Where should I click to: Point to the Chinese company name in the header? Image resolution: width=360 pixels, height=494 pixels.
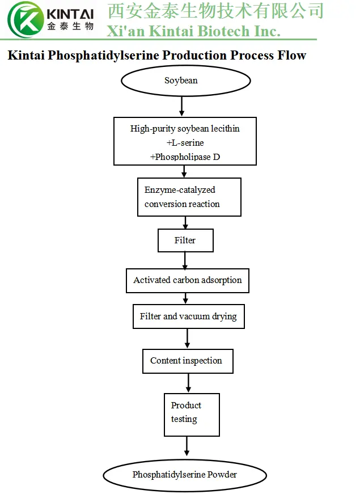point(215,11)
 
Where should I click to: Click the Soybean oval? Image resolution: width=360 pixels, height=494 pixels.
point(181,81)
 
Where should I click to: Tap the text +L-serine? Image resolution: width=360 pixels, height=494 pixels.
point(185,142)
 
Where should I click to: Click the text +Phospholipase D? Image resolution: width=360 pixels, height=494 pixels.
point(185,156)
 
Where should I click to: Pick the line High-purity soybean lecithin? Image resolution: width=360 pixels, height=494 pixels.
point(185,129)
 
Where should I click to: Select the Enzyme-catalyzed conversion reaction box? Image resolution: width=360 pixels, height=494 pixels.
point(189,197)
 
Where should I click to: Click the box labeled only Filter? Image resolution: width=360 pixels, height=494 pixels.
point(185,240)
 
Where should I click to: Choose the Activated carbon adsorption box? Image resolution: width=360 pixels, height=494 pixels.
point(187,280)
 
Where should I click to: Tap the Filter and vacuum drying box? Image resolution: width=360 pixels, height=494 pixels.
point(188,316)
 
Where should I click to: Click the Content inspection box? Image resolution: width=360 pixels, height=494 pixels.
point(187,361)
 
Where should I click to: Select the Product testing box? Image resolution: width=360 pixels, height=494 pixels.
point(192,414)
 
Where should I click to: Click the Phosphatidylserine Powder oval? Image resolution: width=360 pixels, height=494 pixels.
point(185,475)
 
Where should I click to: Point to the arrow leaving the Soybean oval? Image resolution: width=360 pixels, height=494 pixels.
point(181,106)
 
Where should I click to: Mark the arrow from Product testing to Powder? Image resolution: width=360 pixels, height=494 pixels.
point(187,447)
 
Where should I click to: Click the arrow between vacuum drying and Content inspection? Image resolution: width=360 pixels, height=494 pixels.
point(187,338)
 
